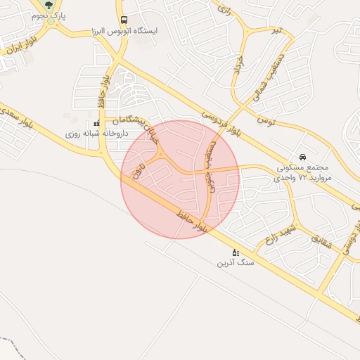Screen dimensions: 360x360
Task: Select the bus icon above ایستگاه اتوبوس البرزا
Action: coord(124,20)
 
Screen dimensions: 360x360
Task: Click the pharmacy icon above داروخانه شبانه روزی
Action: coord(96,122)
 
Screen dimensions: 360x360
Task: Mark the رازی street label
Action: coord(224,10)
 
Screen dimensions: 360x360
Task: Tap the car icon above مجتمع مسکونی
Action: coord(302,156)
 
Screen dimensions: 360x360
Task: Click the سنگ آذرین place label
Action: coord(235,262)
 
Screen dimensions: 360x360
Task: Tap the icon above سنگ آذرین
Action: coord(235,252)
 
